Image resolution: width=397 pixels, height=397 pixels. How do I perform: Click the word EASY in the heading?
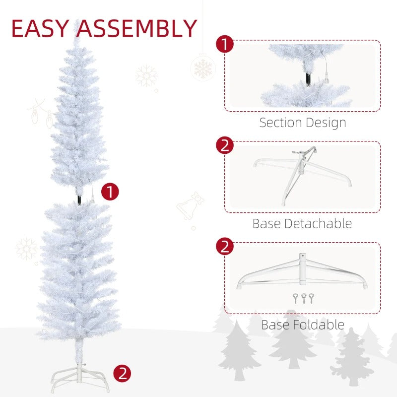39,28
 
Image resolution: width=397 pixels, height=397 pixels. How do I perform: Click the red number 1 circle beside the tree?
110,192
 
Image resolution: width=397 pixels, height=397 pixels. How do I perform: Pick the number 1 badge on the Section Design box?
225,44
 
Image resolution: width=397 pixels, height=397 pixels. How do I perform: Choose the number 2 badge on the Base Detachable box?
225,145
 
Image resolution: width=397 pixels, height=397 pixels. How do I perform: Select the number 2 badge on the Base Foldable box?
225,246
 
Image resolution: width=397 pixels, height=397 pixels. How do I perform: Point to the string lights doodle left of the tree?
42,114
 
